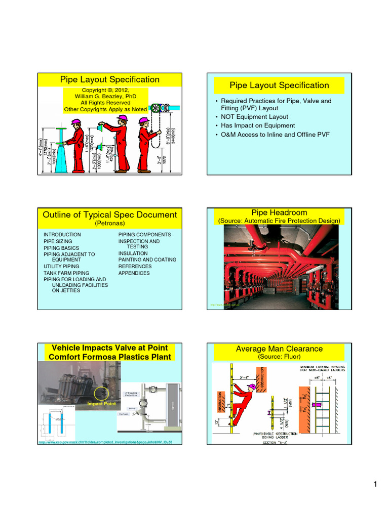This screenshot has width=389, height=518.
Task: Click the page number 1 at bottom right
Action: [x=375, y=485]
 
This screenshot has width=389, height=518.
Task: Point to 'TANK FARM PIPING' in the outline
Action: [x=66, y=273]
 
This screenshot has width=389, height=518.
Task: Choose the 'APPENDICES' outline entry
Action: [x=134, y=273]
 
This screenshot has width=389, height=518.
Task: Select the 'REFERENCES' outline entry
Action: [x=135, y=267]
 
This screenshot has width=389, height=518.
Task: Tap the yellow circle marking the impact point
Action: [x=101, y=393]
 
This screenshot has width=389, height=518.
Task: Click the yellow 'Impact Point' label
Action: [x=101, y=404]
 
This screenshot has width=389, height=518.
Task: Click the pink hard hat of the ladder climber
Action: [x=252, y=386]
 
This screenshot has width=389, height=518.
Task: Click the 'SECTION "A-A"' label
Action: [x=277, y=443]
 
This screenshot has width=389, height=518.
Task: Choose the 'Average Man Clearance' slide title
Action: [x=279, y=349]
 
